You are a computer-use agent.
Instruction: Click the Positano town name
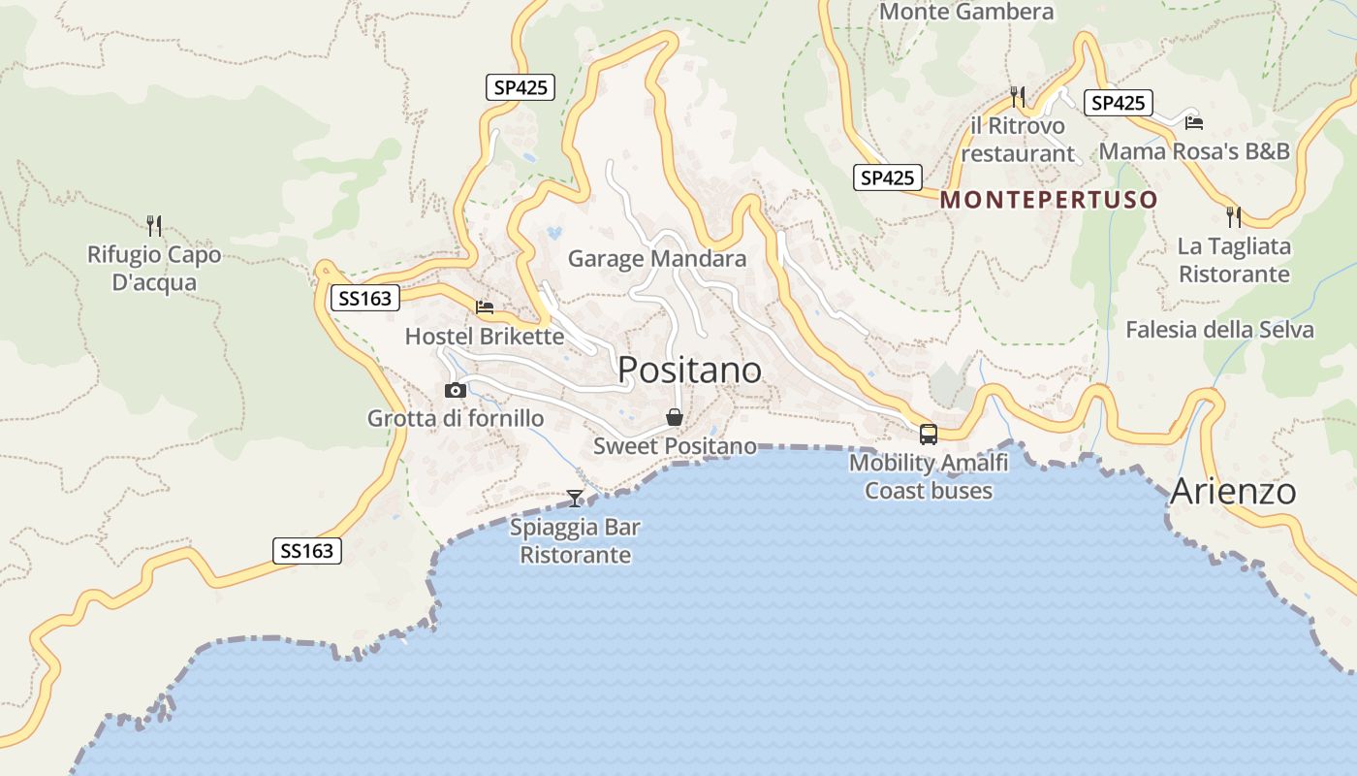point(689,370)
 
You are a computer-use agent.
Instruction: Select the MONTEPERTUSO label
point(1049,200)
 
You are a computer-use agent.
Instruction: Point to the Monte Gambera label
point(966,13)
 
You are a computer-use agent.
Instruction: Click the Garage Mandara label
point(657,259)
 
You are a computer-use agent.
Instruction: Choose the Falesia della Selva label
point(1219,330)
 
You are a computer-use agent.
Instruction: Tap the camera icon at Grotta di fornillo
point(456,390)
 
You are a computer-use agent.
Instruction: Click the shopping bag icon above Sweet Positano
point(675,418)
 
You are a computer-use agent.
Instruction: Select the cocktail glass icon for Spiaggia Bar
point(575,499)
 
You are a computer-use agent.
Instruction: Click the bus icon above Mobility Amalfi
point(929,434)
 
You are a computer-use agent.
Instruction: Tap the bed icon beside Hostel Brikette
point(485,307)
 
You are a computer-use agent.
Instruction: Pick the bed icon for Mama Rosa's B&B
point(1194,123)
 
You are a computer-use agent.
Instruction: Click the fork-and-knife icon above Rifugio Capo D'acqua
point(154,226)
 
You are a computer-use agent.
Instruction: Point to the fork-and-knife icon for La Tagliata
point(1234,216)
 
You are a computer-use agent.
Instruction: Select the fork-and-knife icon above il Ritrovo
point(1018,96)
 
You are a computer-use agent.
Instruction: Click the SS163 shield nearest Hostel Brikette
point(365,299)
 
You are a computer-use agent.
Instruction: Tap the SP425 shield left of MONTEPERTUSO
point(888,178)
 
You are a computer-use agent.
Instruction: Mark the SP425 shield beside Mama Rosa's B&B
point(1119,103)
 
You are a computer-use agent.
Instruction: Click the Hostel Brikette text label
point(484,337)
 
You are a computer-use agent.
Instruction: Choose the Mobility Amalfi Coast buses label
point(929,476)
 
